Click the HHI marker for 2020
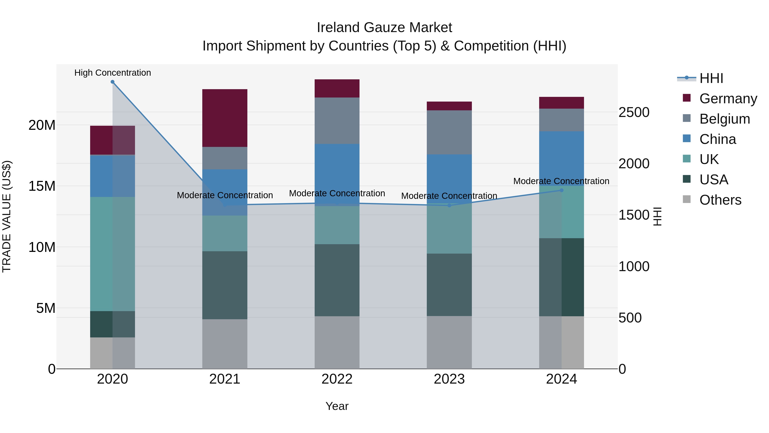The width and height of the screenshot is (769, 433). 113,82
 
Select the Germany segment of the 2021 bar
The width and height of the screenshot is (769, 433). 225,118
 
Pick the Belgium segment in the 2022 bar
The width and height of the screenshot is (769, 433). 337,121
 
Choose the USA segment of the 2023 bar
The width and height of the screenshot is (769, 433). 449,285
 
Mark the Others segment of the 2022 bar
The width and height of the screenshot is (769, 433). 337,343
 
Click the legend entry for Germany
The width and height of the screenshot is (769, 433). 728,99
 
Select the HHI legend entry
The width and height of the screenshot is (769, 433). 711,78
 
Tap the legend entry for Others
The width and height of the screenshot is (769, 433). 720,200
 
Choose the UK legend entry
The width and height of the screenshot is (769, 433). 709,159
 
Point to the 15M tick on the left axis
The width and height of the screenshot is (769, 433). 42,186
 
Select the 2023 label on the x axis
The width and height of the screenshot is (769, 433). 449,379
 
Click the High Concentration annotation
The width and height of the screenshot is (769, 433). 113,73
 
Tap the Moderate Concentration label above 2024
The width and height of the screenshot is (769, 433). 561,181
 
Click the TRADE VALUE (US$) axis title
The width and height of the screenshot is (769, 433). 7,216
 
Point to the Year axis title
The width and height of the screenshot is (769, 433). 337,406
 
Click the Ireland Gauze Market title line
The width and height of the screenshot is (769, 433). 384,28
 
